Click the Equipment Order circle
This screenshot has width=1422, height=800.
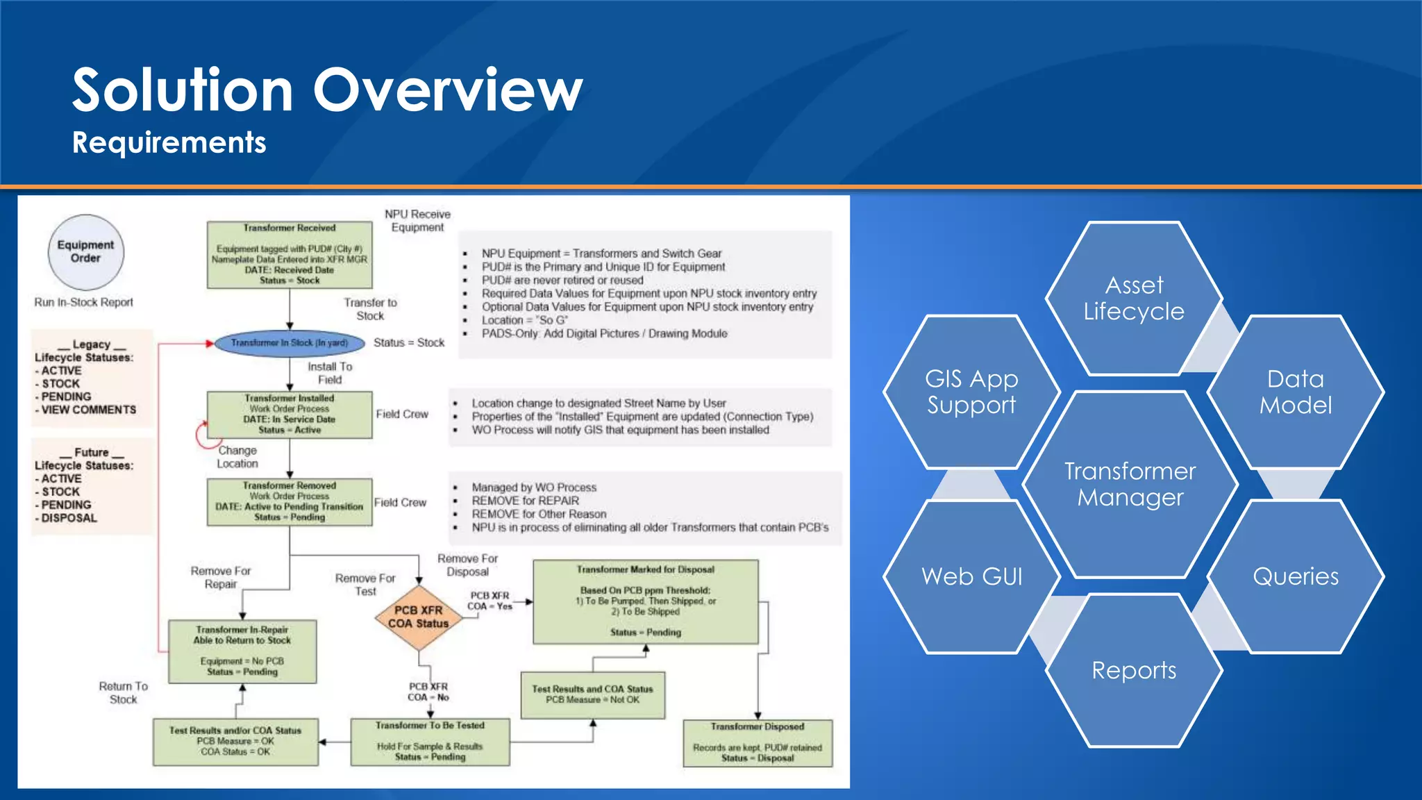85,252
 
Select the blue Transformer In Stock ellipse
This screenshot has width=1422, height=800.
290,343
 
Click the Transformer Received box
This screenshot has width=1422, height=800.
290,255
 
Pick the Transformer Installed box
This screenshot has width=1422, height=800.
290,415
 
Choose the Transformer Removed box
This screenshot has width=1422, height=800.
290,501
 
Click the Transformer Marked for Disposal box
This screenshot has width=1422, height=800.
645,602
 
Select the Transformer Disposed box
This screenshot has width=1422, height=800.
757,742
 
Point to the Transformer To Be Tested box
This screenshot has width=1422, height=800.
430,742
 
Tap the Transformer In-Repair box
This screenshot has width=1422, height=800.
242,651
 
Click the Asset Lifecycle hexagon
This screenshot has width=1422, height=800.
1134,299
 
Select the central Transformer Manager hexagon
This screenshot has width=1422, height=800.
1130,484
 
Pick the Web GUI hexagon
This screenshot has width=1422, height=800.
971,576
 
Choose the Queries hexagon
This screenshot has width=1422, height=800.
1295,576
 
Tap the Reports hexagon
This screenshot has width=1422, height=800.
1134,670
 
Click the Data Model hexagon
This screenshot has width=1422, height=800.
1295,392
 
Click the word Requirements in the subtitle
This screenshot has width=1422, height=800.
169,142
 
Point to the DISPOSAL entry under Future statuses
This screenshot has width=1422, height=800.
69,518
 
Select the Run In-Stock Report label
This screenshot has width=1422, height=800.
83,302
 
